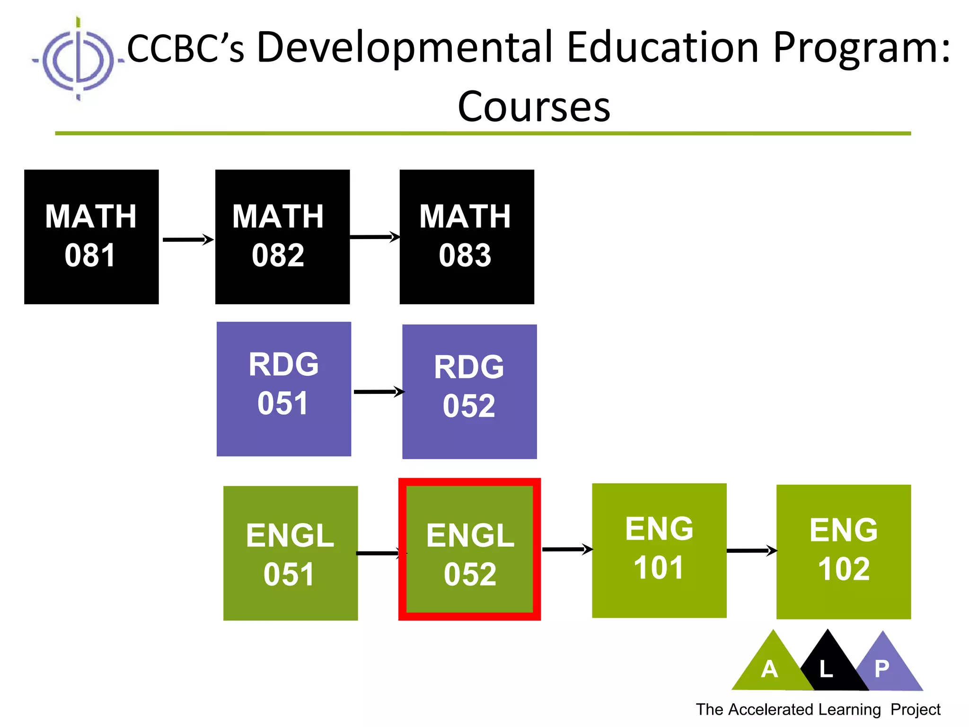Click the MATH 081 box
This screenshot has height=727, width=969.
[x=91, y=237]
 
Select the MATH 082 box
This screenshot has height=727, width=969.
[x=282, y=237]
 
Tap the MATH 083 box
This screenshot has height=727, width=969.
[x=467, y=237]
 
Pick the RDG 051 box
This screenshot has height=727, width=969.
[x=284, y=389]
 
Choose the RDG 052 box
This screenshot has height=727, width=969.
[x=469, y=391]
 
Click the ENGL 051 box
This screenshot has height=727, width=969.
[x=291, y=553]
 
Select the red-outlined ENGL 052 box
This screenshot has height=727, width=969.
[x=469, y=549]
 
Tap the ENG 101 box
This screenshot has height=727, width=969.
[x=659, y=550]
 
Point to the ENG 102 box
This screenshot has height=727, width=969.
[x=843, y=551]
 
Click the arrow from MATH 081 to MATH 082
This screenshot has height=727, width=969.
[x=187, y=239]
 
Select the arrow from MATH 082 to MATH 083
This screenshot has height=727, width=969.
[x=374, y=237]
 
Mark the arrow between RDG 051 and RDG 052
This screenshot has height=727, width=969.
[x=379, y=391]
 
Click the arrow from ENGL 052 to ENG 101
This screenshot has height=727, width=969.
[x=567, y=549]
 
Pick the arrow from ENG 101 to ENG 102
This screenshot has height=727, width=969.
[x=751, y=550]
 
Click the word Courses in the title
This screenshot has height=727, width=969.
[x=534, y=107]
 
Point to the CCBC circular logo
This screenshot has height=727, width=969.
[x=78, y=60]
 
